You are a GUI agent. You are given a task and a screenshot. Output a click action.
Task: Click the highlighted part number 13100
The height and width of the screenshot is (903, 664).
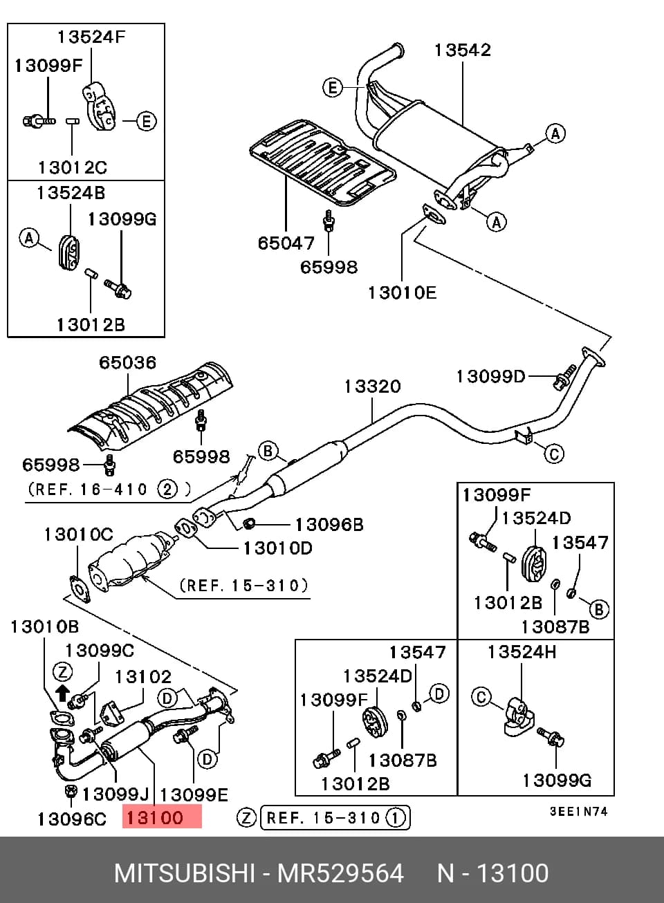pos(154,818)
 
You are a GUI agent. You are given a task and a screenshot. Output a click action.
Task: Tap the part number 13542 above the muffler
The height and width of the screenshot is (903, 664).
pos(463,50)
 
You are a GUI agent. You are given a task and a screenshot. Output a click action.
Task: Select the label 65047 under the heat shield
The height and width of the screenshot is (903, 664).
pos(286,243)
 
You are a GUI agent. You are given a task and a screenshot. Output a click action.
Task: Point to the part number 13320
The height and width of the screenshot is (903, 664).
pos(372,387)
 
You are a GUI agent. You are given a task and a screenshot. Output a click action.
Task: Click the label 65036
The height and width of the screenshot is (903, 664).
pos(127,362)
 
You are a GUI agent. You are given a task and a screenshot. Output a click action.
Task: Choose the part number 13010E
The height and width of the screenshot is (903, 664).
pos(402,292)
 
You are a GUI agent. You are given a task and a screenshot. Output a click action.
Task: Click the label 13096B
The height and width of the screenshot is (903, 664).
pos(329,525)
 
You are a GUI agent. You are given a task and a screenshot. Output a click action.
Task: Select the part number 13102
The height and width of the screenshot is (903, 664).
pos(143,676)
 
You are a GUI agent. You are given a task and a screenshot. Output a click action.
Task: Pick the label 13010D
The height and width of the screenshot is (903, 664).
pos(278,548)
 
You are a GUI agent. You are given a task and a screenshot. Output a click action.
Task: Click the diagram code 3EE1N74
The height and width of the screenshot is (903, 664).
pos(578,811)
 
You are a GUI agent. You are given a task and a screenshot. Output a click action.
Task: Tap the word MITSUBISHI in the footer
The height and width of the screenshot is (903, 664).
pos(185,873)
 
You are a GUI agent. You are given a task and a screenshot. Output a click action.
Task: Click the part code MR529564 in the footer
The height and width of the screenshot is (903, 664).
pos(340,873)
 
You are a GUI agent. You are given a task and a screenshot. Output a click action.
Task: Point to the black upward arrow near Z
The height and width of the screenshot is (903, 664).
pos(62,693)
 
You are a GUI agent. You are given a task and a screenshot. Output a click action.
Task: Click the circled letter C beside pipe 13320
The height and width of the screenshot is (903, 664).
pos(554,454)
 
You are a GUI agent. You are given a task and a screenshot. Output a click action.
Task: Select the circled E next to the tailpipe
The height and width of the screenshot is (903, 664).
pos(333,88)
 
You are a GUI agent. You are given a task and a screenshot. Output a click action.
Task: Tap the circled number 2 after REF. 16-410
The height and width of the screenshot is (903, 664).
pos(167,490)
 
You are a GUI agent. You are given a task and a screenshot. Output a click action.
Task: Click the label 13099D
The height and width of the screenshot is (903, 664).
pos(490,377)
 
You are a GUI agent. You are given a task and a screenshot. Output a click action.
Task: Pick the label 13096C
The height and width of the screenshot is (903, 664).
pos(72,819)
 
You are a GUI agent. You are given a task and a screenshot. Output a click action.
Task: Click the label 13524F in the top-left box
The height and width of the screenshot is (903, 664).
pos(91,37)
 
